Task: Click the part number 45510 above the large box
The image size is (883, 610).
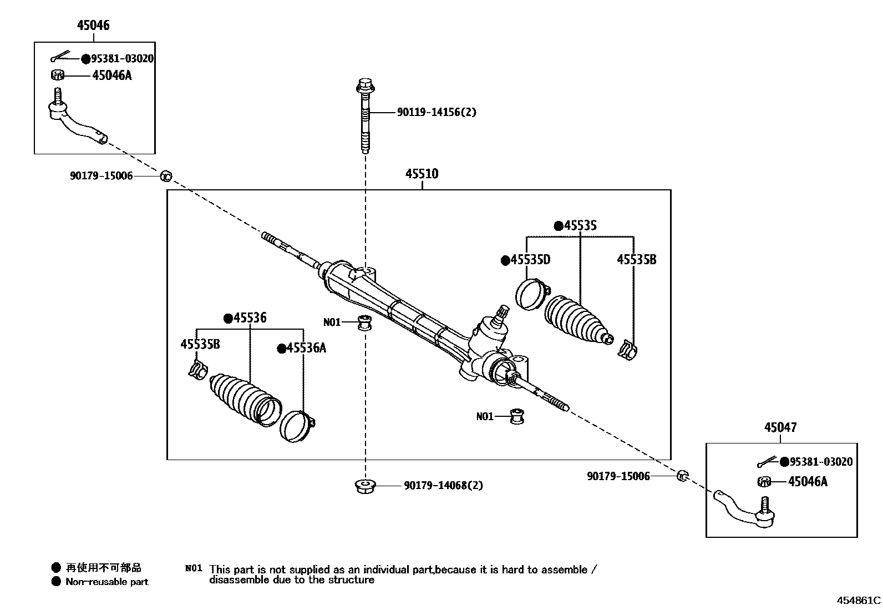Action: pos(422,174)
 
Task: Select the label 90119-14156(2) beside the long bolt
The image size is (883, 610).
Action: pos(436,112)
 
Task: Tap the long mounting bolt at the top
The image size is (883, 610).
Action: pos(364,117)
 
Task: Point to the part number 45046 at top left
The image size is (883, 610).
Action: pos(93,26)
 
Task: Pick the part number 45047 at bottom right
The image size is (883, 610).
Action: pos(780,427)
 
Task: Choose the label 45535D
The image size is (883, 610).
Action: pos(530,260)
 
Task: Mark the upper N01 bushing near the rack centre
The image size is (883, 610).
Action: pos(364,322)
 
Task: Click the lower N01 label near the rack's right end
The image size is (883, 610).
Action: pos(484,416)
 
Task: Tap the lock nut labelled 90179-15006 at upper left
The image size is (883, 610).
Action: pos(165,177)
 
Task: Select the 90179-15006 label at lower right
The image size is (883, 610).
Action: pos(618,476)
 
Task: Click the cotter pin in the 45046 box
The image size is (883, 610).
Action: pos(60,57)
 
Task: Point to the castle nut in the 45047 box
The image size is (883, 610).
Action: pos(764,482)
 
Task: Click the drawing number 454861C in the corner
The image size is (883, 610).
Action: pos(858,600)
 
